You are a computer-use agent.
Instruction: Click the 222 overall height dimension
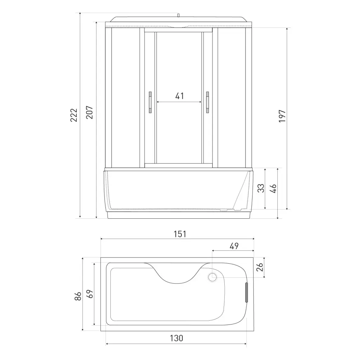point(74,115)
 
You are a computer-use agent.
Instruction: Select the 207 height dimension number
point(89,112)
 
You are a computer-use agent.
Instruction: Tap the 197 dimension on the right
point(282,116)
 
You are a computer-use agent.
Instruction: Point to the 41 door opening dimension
point(179,96)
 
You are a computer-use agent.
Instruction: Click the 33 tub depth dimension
point(261,188)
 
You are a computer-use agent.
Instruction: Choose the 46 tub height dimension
point(274,188)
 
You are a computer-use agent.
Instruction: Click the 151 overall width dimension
point(180,234)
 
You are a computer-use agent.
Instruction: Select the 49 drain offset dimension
point(234,246)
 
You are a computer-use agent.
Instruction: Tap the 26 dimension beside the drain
point(260,267)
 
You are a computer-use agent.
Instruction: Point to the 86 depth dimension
point(78,296)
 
